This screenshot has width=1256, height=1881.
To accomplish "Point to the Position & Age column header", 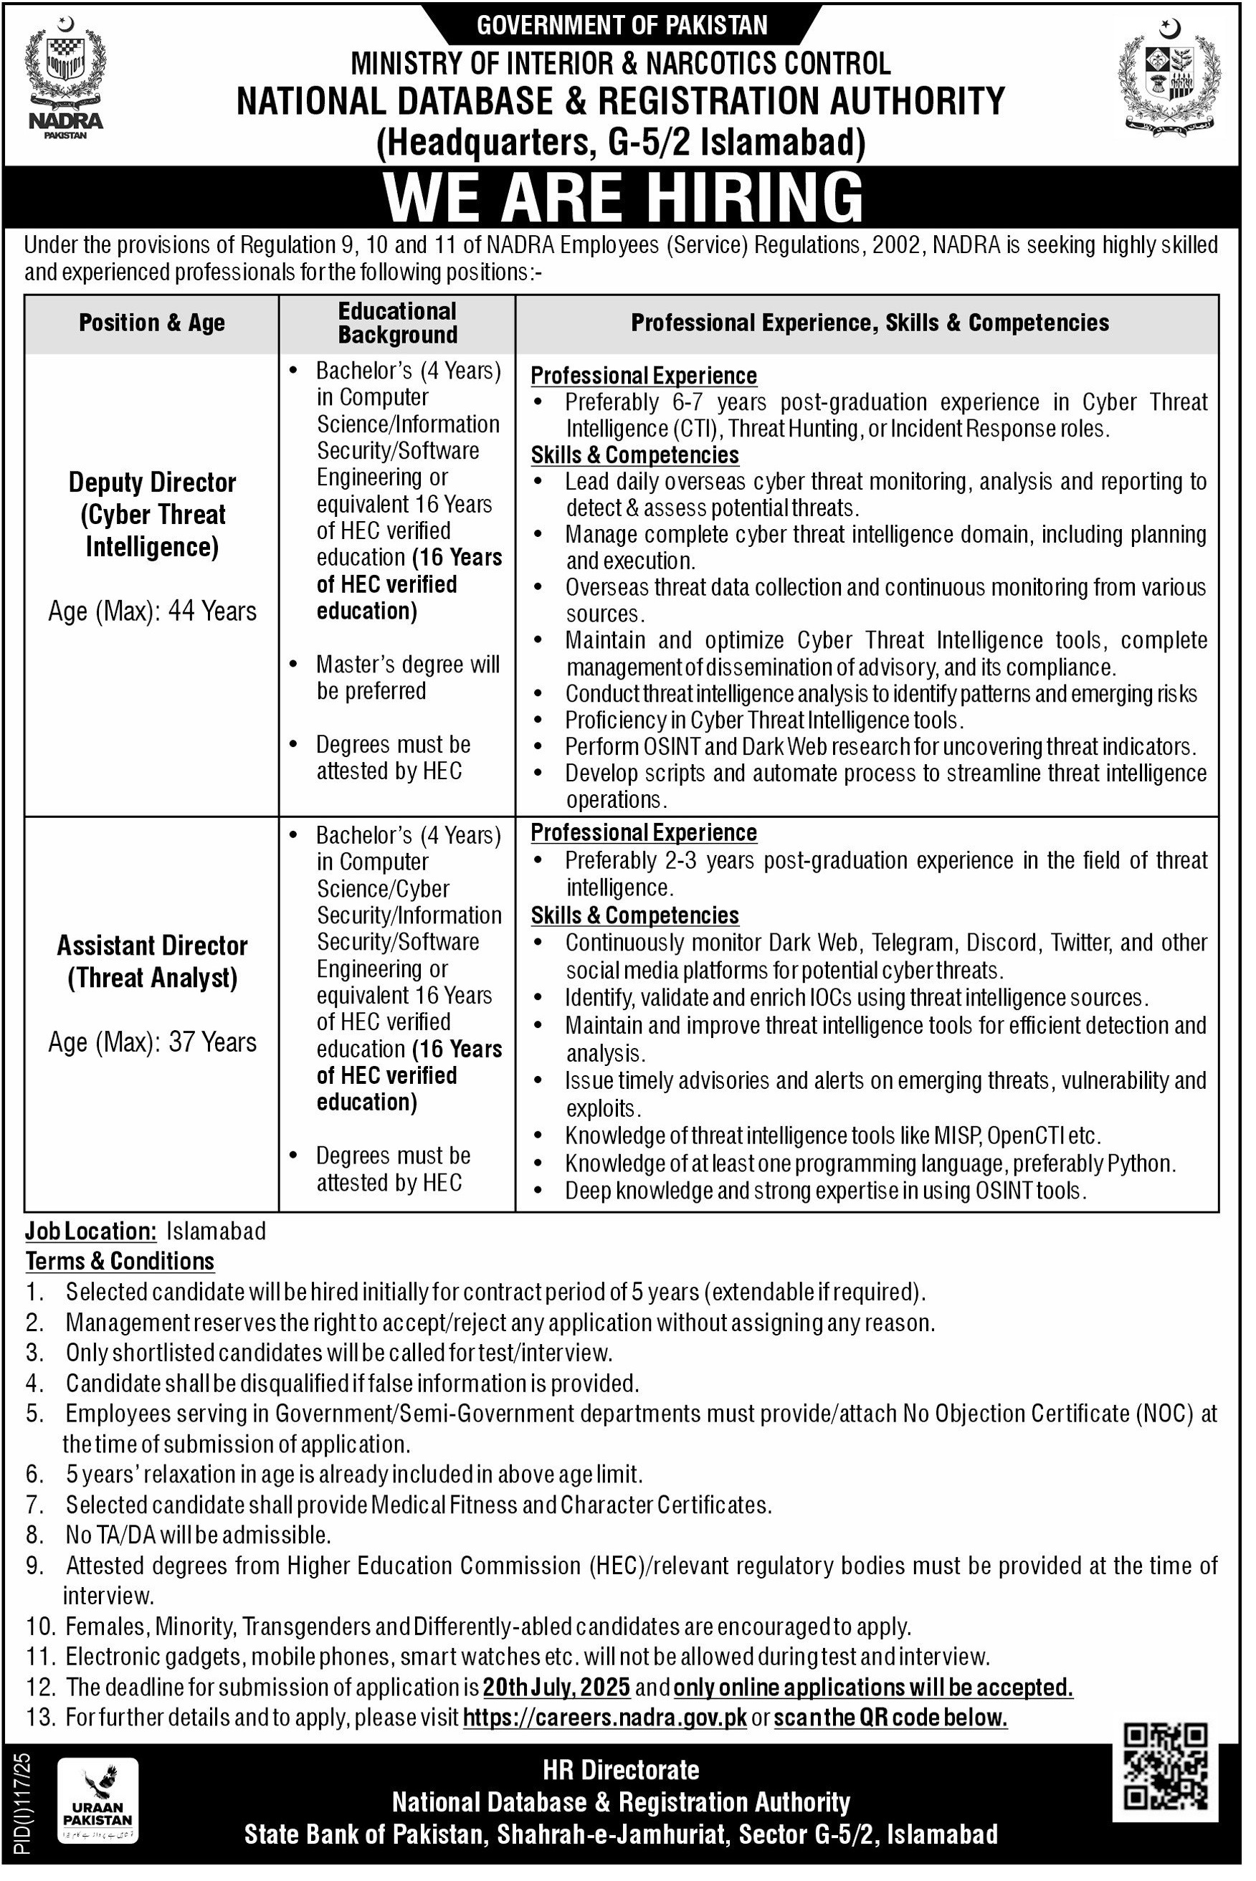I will (x=151, y=323).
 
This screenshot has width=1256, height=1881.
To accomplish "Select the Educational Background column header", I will (x=397, y=323).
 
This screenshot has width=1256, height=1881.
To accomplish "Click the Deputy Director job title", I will (x=152, y=514).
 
